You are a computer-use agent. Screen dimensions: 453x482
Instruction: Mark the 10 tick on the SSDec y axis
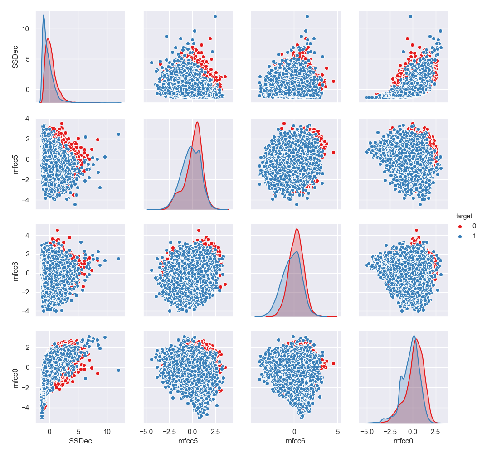27,29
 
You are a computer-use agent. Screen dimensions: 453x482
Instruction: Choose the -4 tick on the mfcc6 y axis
27,311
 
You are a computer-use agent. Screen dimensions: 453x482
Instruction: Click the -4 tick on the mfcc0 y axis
27,407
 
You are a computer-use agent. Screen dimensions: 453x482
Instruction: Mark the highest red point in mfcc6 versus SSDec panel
57,230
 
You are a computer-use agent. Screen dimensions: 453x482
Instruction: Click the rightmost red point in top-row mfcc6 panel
333,82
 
